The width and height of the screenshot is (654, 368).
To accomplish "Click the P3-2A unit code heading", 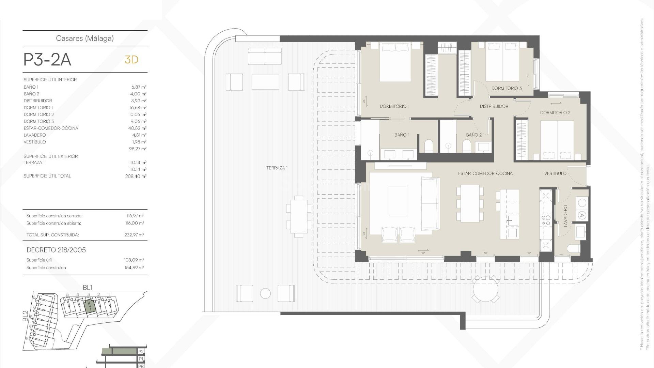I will tap(47, 60).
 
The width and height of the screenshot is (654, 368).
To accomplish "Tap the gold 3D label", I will tap(131, 60).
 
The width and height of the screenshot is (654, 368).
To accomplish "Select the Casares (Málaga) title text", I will tap(85, 38).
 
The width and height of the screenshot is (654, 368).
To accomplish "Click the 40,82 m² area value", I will tap(137, 128).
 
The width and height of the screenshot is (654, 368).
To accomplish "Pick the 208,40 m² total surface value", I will tap(136, 176).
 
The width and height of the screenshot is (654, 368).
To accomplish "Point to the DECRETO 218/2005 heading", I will tap(56, 250).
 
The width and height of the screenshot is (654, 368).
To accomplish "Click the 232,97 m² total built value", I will tap(134, 235).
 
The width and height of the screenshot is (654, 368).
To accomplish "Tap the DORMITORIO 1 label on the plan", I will tap(394, 106).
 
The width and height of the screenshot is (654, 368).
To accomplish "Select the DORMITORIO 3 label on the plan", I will tap(506, 88).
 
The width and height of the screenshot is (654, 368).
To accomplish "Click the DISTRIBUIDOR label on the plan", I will tap(494, 106).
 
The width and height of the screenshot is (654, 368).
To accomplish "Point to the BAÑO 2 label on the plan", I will tap(474, 135).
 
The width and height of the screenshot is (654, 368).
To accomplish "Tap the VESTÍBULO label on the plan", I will tap(555, 173).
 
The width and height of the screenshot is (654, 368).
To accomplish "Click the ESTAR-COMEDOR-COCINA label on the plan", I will tap(485, 173).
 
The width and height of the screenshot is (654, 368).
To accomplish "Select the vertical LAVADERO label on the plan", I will tap(565, 216).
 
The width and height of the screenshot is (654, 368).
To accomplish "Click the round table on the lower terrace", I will tap(486, 289).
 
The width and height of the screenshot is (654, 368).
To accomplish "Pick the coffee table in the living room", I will tap(398, 201).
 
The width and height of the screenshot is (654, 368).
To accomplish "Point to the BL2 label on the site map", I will tap(25, 316).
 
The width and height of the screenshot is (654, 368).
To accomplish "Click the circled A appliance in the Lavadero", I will tap(582, 215).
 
